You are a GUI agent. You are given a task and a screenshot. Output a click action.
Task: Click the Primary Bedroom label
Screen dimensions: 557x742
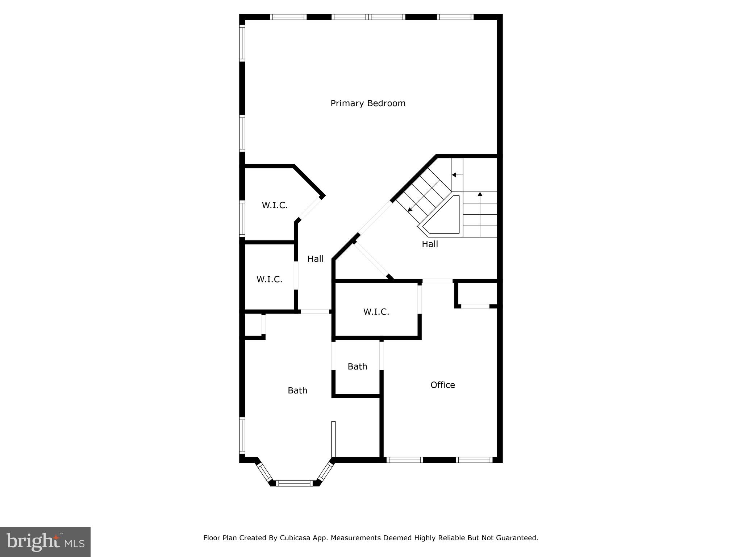(x=368, y=103)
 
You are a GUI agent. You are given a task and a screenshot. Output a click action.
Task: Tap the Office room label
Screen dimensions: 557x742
(x=442, y=385)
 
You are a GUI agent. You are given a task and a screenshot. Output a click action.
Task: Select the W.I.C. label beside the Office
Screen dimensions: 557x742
(x=376, y=312)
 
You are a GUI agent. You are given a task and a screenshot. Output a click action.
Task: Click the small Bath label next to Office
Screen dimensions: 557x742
(x=357, y=367)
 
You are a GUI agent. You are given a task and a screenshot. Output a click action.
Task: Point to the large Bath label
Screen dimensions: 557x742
(x=297, y=391)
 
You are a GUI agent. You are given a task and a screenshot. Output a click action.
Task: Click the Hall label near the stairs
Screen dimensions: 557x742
(x=430, y=244)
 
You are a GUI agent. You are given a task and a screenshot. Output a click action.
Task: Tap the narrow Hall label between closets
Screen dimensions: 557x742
(x=315, y=259)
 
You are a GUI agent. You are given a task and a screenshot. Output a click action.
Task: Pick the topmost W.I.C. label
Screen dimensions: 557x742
(x=275, y=205)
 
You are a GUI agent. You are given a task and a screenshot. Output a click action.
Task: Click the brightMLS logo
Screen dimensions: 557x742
(x=45, y=542)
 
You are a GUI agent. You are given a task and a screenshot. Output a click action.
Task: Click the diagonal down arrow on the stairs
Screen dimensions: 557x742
(x=410, y=209)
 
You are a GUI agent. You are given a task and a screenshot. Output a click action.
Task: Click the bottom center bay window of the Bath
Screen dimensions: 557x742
(x=294, y=483)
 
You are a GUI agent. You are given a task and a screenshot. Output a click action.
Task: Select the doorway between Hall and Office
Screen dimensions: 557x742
(x=437, y=281)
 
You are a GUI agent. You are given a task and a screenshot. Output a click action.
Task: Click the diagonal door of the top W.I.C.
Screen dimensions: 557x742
(x=310, y=209)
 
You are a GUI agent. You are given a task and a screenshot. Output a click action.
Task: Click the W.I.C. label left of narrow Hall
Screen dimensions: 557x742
(x=269, y=280)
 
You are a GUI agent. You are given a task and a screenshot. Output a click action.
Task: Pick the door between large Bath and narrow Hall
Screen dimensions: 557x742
(x=315, y=311)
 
